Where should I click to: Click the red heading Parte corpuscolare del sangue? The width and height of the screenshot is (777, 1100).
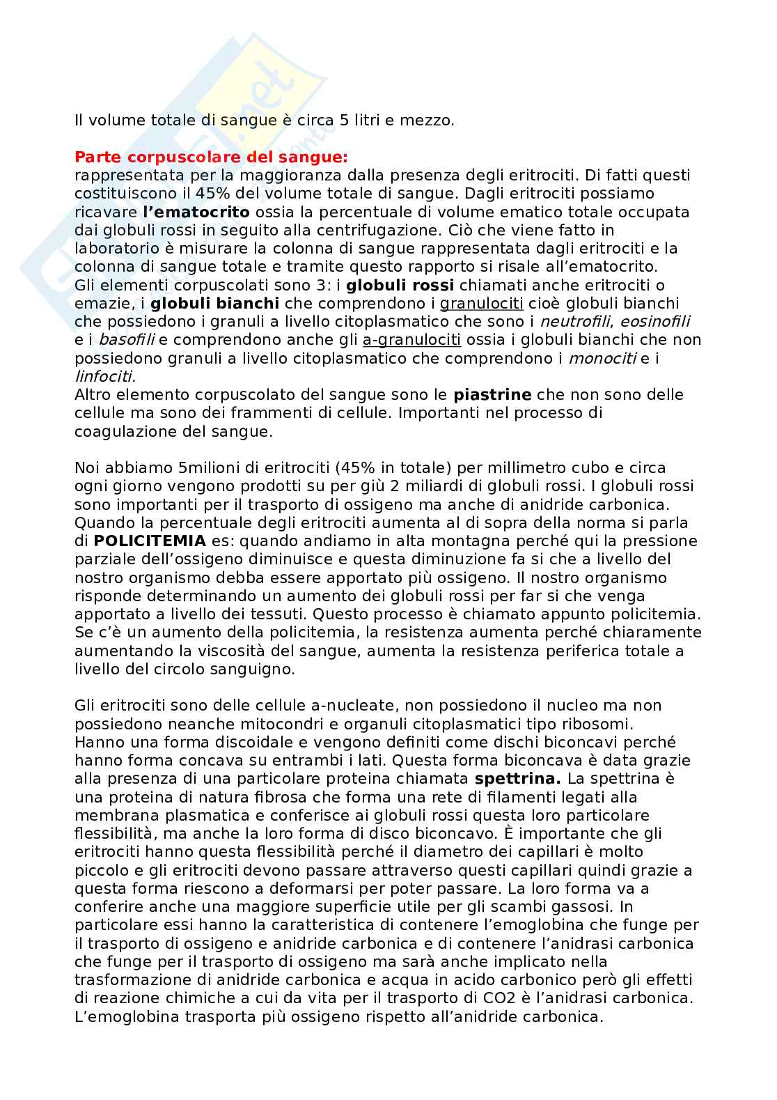click(211, 157)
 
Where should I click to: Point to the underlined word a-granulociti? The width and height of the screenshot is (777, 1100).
click(412, 340)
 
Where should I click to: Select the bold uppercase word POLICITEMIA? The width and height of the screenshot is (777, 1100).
click(150, 541)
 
